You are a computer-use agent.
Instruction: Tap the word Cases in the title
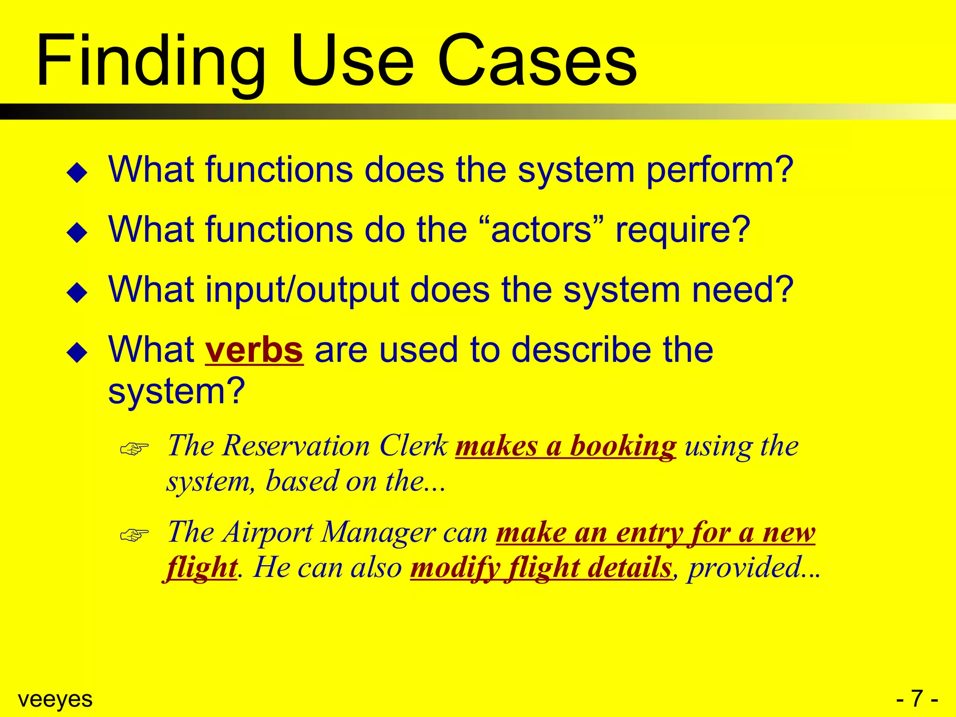click(537, 61)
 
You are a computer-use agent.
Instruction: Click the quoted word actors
click(541, 230)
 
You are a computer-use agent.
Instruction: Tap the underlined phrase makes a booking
click(565, 446)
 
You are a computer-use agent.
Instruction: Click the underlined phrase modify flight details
click(541, 568)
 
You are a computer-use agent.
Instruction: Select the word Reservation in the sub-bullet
click(296, 446)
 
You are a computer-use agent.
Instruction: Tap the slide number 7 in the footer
click(917, 699)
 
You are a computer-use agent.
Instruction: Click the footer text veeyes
click(55, 699)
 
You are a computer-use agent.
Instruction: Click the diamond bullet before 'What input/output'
click(77, 293)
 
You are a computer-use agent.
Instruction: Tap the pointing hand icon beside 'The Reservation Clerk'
click(134, 449)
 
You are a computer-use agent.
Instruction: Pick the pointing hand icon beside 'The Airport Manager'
click(134, 535)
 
